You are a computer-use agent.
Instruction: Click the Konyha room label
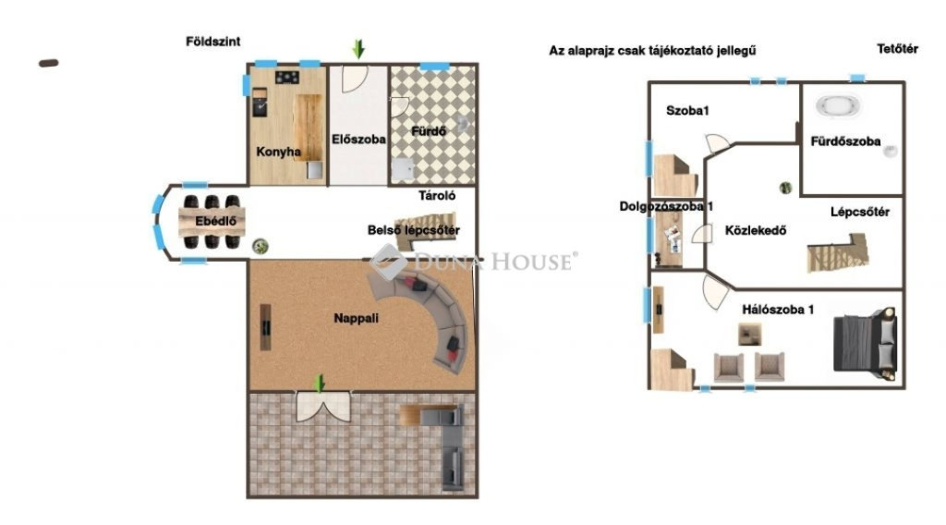tap(278, 152)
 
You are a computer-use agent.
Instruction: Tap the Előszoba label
tap(358, 140)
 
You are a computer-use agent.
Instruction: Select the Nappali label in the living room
tap(356, 318)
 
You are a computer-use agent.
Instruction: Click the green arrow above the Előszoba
tap(359, 49)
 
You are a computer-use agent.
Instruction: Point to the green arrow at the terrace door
tap(320, 384)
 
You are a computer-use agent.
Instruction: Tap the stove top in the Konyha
tap(287, 78)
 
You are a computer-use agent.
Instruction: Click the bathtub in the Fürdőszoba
tap(838, 106)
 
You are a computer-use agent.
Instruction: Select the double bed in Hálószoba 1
tap(865, 342)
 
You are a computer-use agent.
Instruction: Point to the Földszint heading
tap(213, 42)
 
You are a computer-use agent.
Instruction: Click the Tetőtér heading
tap(897, 49)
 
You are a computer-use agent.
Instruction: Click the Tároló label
tap(437, 196)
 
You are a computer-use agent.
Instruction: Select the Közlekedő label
tap(756, 230)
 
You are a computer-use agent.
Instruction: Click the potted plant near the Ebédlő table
tap(260, 246)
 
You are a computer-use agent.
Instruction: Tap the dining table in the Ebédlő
tap(212, 222)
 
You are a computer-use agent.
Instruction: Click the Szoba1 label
tap(687, 110)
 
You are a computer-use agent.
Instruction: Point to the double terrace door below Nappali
tap(323, 406)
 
